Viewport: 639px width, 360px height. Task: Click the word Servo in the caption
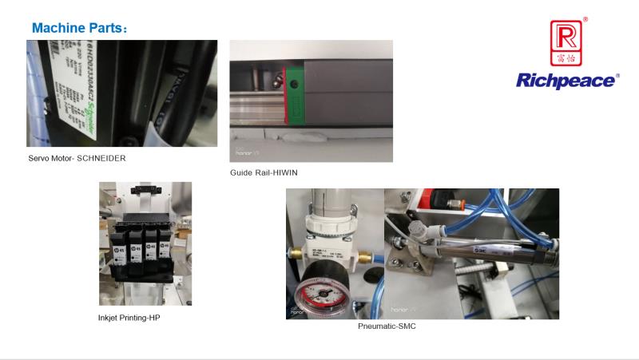point(39,158)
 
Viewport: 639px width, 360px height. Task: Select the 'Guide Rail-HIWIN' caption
point(264,172)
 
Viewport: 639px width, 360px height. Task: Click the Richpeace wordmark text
point(567,81)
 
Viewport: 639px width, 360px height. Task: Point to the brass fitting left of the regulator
point(295,255)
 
